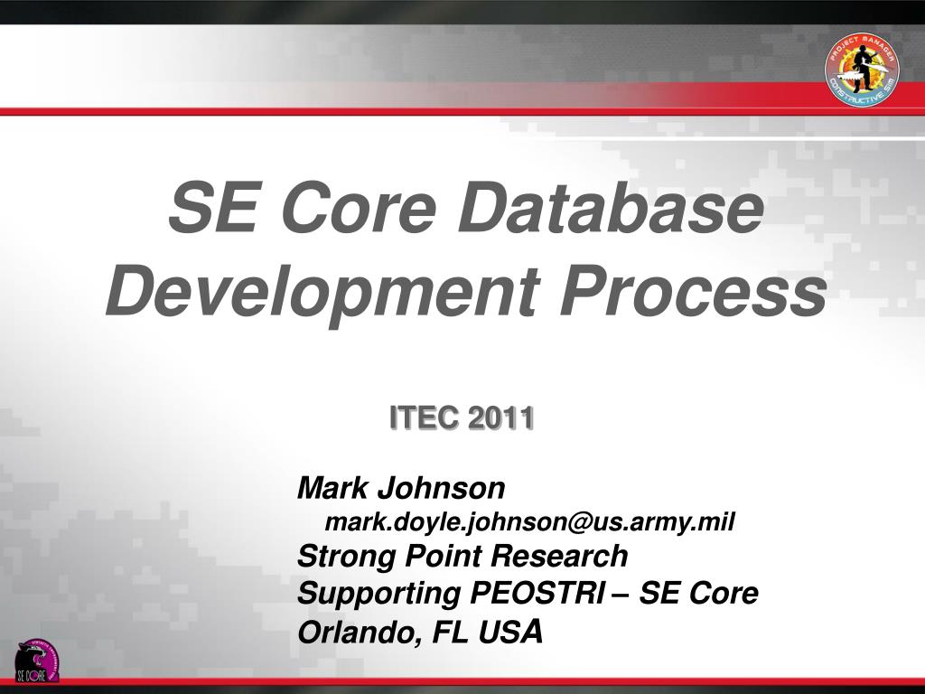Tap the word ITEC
(425, 418)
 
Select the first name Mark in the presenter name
(333, 489)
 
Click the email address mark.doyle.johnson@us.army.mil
(530, 522)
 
